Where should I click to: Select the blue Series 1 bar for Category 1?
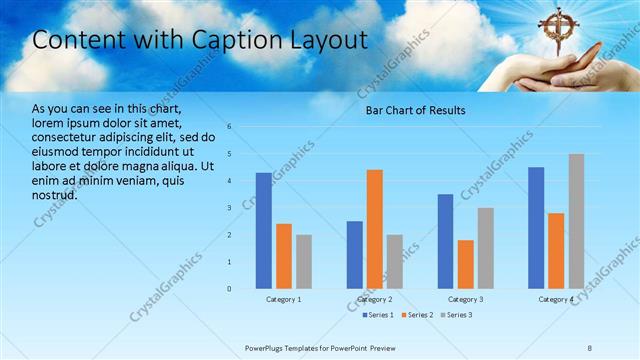(263, 231)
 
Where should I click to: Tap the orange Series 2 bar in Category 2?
(375, 229)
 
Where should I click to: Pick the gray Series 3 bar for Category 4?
(576, 221)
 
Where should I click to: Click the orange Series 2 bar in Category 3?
(465, 264)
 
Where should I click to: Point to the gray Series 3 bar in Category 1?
(304, 262)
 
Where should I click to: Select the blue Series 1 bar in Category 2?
(354, 255)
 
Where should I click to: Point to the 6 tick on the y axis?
(229, 127)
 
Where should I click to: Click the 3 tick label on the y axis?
(229, 208)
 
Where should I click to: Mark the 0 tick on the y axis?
(229, 289)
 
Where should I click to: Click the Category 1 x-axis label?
(284, 299)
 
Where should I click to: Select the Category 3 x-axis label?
(465, 299)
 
